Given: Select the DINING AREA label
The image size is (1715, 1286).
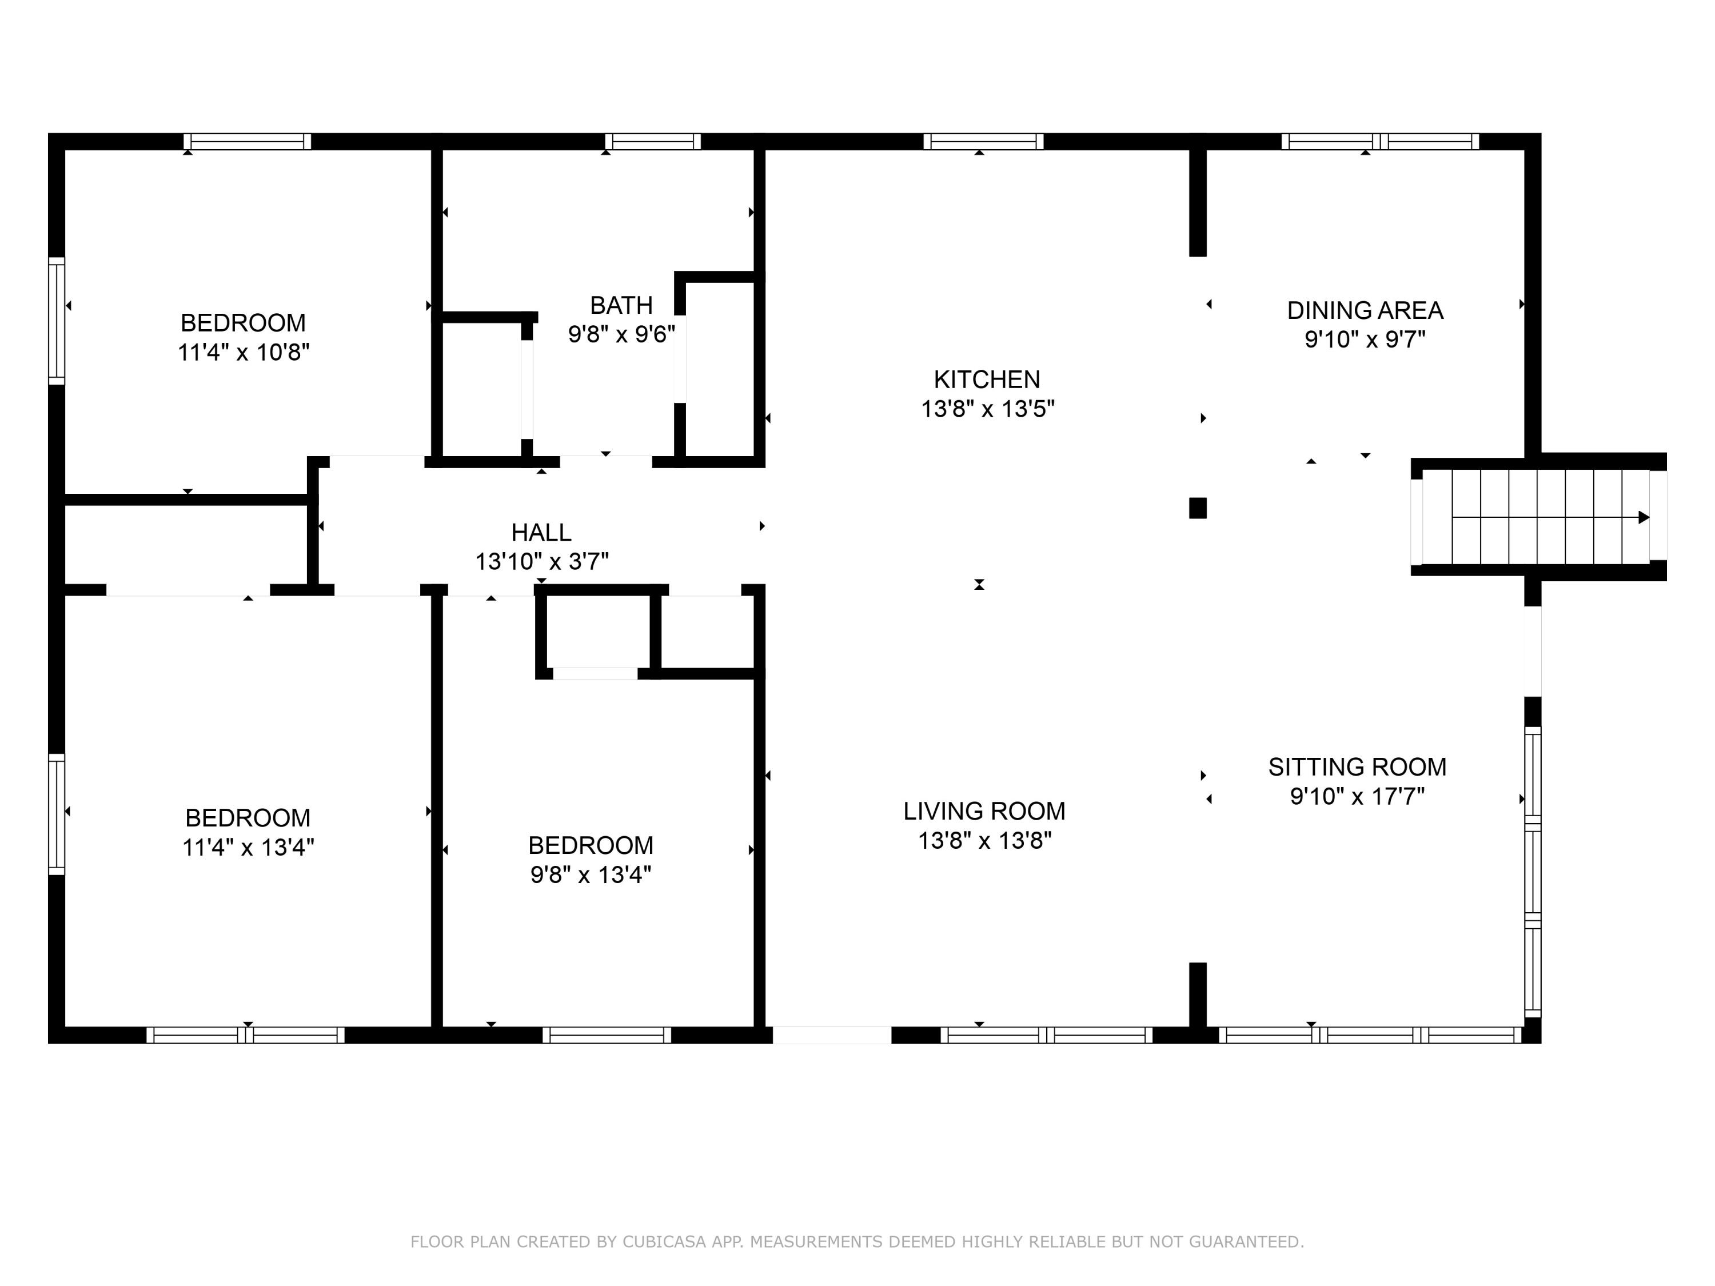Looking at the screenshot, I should click(x=1365, y=310).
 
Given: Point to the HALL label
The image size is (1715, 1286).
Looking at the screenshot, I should click(x=541, y=533).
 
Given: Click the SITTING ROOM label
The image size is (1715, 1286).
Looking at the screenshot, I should click(x=1357, y=766).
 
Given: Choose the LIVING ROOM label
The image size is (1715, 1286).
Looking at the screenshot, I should click(x=984, y=811).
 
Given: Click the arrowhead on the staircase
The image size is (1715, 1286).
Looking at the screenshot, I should click(x=1643, y=517).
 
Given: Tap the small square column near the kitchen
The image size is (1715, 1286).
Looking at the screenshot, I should click(x=1198, y=508).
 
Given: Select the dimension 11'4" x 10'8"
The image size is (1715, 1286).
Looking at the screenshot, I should click(x=244, y=353).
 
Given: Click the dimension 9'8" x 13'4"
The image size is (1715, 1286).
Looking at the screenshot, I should click(x=590, y=875).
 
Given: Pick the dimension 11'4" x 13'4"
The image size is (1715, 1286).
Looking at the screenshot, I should click(x=248, y=847).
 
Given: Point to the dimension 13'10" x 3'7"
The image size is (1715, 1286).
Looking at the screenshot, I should click(x=541, y=561).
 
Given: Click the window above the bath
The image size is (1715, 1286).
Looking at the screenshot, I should click(x=653, y=141).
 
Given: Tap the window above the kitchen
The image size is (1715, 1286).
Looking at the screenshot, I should click(x=983, y=141).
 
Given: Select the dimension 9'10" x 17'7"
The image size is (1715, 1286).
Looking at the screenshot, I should click(x=1357, y=796).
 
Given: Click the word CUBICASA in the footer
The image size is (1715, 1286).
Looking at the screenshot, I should click(x=664, y=1242).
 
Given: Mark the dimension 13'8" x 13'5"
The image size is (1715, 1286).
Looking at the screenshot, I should click(x=987, y=409).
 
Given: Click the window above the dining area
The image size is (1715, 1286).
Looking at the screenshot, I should click(x=1380, y=141).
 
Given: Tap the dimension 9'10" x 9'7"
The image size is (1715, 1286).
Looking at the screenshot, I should click(x=1365, y=340).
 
